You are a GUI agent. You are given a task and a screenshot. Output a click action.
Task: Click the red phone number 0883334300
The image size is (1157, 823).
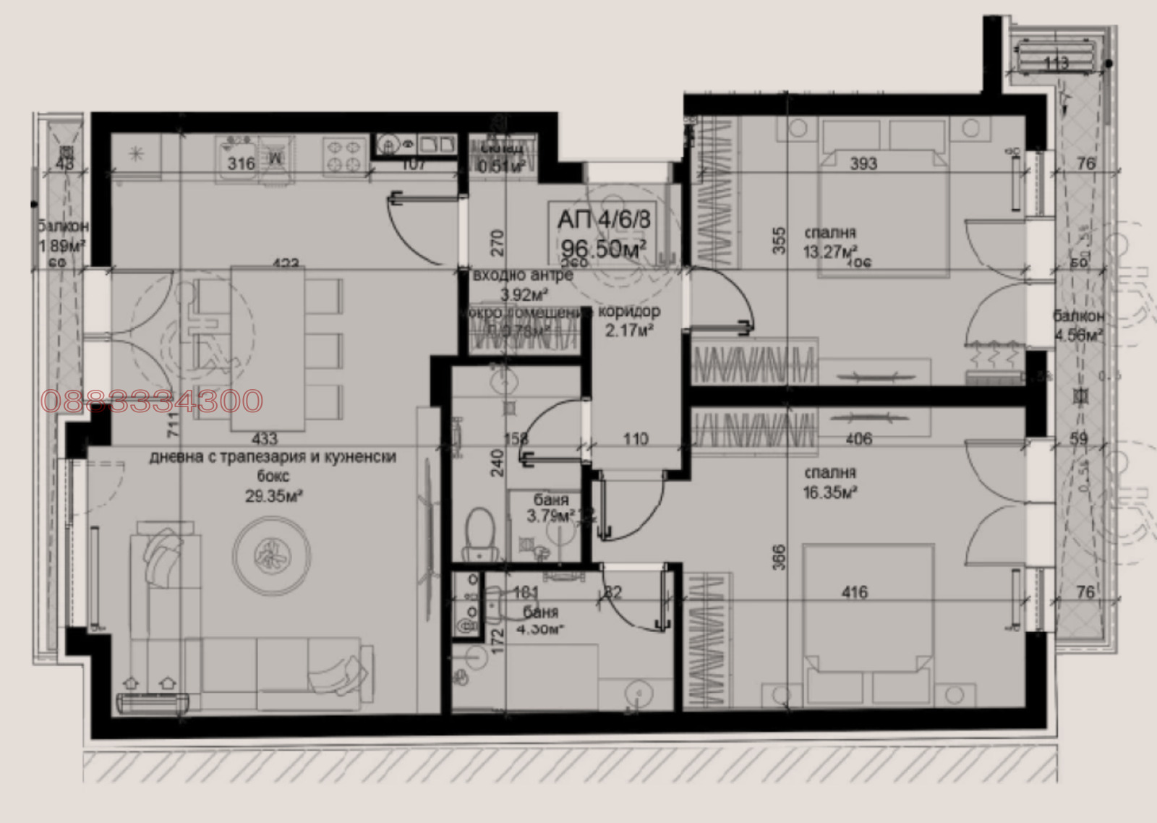(152, 401)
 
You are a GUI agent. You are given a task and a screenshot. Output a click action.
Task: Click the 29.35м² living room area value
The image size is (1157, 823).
(273, 495)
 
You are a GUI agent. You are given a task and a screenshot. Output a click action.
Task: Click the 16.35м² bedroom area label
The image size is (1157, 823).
(830, 492)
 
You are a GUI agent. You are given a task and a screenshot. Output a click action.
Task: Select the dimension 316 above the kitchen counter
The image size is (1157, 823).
(241, 164)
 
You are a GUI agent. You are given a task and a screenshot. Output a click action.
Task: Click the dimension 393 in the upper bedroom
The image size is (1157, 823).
(863, 163)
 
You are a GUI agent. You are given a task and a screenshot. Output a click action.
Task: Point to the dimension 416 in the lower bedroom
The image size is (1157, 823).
(855, 592)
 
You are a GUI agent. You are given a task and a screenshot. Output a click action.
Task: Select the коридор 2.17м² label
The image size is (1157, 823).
(629, 320)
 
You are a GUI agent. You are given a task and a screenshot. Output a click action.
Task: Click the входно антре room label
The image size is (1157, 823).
(522, 276)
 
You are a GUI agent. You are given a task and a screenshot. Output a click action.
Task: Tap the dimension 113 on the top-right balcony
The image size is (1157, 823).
(1056, 64)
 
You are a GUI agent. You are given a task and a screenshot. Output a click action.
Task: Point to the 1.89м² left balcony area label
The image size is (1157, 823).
(62, 245)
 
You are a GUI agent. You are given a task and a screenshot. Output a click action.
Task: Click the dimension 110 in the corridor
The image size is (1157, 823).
(635, 438)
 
